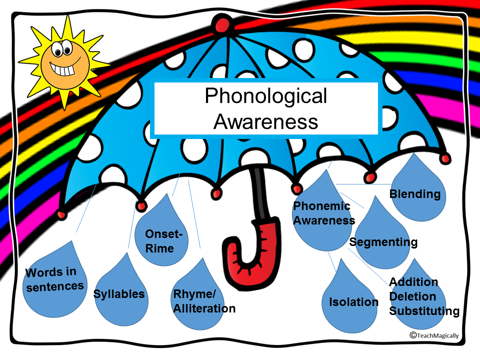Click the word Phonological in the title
tap(265, 96)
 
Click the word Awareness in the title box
tap(265, 121)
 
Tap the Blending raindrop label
tap(415, 194)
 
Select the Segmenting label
tap(383, 242)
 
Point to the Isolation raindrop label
tap(353, 302)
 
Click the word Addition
tap(413, 282)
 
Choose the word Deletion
tap(412, 296)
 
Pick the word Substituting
tap(424, 311)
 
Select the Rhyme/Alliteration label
tap(204, 301)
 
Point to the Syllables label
tap(119, 294)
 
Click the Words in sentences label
tap(55, 279)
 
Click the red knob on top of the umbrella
tap(220, 23)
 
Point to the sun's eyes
tap(59, 48)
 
